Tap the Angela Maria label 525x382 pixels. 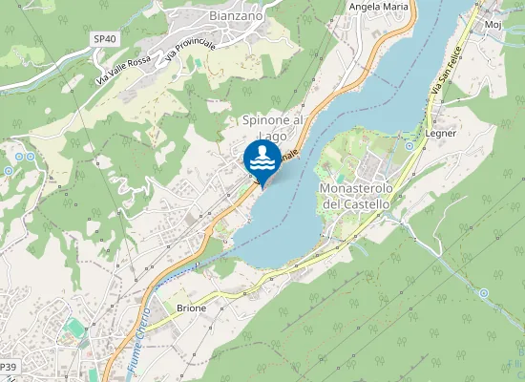point(379,7)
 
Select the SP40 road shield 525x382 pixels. point(104,38)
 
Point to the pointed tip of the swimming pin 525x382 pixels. point(262,187)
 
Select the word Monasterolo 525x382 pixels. point(355,189)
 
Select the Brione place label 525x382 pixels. point(191,308)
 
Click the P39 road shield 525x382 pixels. point(9,367)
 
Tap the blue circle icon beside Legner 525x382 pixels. point(409,145)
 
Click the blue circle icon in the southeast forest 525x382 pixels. point(483,292)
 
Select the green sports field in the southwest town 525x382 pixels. point(73,329)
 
